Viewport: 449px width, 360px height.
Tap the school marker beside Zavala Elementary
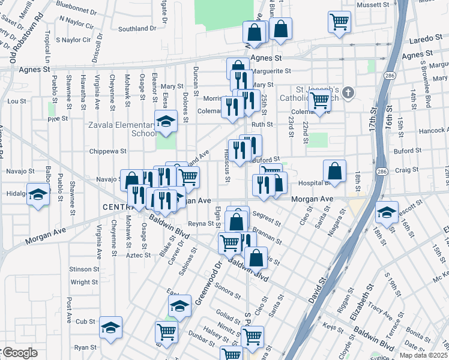tap(166, 122)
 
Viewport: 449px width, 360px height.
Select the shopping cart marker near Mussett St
tap(339, 22)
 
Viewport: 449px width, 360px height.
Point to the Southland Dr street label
tap(137, 28)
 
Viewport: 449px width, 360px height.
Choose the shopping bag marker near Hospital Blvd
tap(334, 171)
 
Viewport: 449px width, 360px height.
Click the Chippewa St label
tap(107, 152)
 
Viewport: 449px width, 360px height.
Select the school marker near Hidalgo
tap(38, 196)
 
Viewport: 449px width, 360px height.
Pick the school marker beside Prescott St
tap(386, 212)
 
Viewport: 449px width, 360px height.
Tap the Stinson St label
tap(83, 269)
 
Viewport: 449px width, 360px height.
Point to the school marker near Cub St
tap(110, 328)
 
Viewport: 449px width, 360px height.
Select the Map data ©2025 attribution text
tap(423, 355)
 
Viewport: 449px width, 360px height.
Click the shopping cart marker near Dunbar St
tap(166, 331)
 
